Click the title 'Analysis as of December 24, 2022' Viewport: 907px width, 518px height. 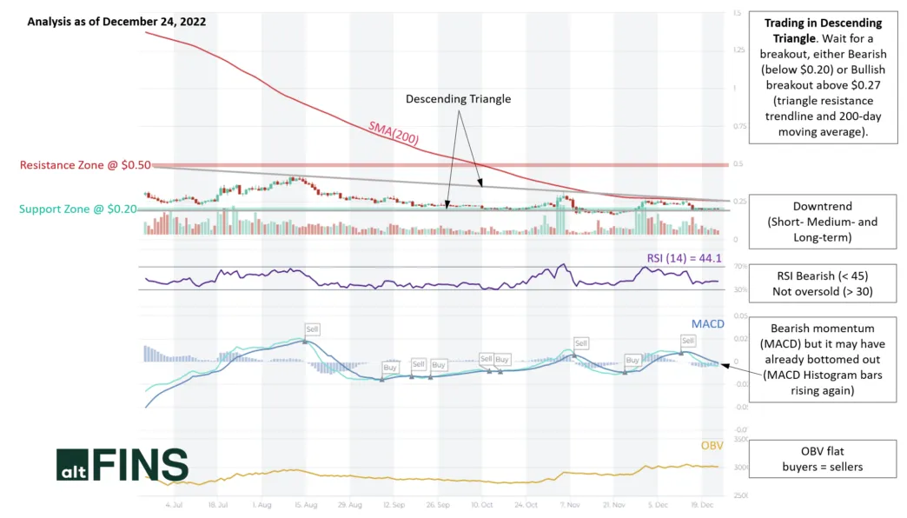[116, 22]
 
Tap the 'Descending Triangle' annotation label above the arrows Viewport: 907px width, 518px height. [459, 99]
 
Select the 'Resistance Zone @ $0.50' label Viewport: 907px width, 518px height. [85, 165]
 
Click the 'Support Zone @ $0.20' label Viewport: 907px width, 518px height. [78, 209]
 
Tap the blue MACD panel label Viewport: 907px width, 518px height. [707, 324]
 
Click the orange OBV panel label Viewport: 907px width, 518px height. [712, 446]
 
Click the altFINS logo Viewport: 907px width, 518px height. [122, 466]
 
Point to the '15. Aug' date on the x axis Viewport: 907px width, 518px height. [303, 504]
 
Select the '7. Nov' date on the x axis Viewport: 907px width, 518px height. [568, 504]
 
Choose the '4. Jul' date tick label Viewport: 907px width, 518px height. [173, 504]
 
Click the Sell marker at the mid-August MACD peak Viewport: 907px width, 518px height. [312, 329]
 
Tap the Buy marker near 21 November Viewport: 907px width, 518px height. [632, 360]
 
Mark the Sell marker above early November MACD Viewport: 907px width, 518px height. [580, 343]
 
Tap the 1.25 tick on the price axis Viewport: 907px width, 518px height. [739, 50]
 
